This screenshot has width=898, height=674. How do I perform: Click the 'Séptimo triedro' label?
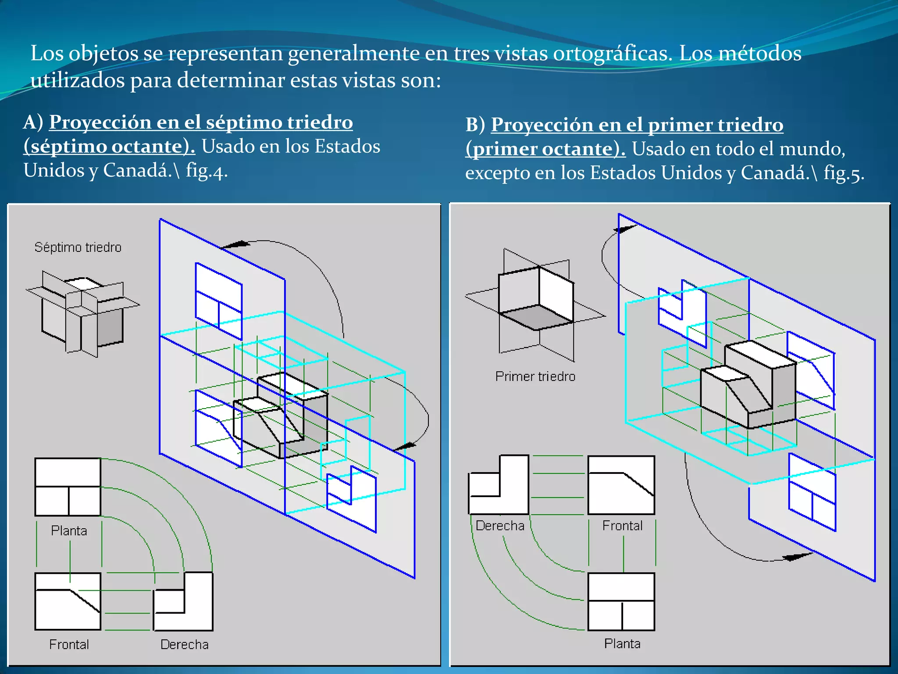(x=78, y=247)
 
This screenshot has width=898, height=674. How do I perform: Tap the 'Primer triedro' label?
(x=535, y=376)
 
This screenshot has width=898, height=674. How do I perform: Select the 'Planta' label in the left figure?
(x=69, y=531)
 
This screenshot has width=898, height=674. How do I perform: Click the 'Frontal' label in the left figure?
(x=69, y=644)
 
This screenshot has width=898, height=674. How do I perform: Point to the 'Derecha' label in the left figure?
(x=184, y=644)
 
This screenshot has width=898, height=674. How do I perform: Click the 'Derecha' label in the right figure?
(x=500, y=525)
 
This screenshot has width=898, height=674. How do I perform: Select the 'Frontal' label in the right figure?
(x=622, y=525)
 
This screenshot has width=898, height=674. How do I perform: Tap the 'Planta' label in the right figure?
(x=622, y=643)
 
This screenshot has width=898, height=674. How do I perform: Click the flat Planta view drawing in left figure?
(x=68, y=487)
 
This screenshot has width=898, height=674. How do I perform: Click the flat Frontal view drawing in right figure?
(x=621, y=485)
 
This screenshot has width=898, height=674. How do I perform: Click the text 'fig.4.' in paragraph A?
(x=207, y=170)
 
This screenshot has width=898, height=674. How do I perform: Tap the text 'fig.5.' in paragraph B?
(x=844, y=173)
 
